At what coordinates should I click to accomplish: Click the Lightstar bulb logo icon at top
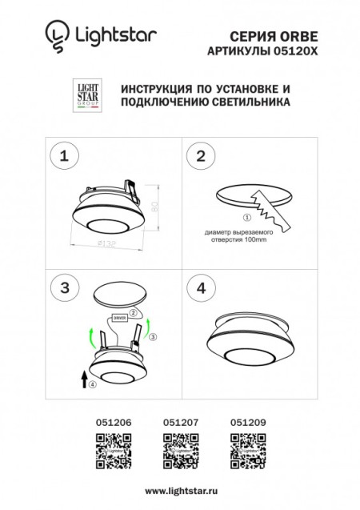click(54, 34)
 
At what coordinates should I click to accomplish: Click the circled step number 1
click(66, 155)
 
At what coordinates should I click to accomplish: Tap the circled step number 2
click(201, 155)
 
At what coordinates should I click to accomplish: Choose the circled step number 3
click(66, 287)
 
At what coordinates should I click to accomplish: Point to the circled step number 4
click(201, 287)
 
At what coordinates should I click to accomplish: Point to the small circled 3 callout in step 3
click(154, 338)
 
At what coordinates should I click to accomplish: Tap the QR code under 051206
click(110, 449)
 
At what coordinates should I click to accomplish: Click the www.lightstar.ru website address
click(179, 488)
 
